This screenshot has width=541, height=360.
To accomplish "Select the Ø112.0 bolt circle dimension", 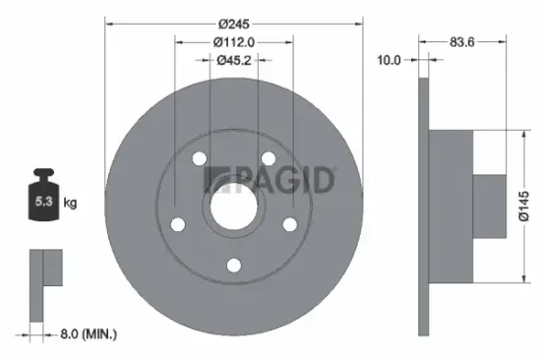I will (x=233, y=41).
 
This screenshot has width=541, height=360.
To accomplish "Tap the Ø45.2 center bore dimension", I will (x=233, y=60).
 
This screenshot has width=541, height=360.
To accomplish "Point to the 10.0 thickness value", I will (x=390, y=60).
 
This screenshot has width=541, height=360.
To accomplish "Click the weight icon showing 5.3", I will (x=44, y=200).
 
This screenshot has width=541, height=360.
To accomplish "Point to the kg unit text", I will (x=71, y=203).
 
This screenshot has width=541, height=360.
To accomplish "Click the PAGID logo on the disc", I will (x=270, y=180).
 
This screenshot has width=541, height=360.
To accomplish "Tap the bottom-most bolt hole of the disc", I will (x=233, y=264).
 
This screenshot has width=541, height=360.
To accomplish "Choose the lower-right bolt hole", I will (x=289, y=223).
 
